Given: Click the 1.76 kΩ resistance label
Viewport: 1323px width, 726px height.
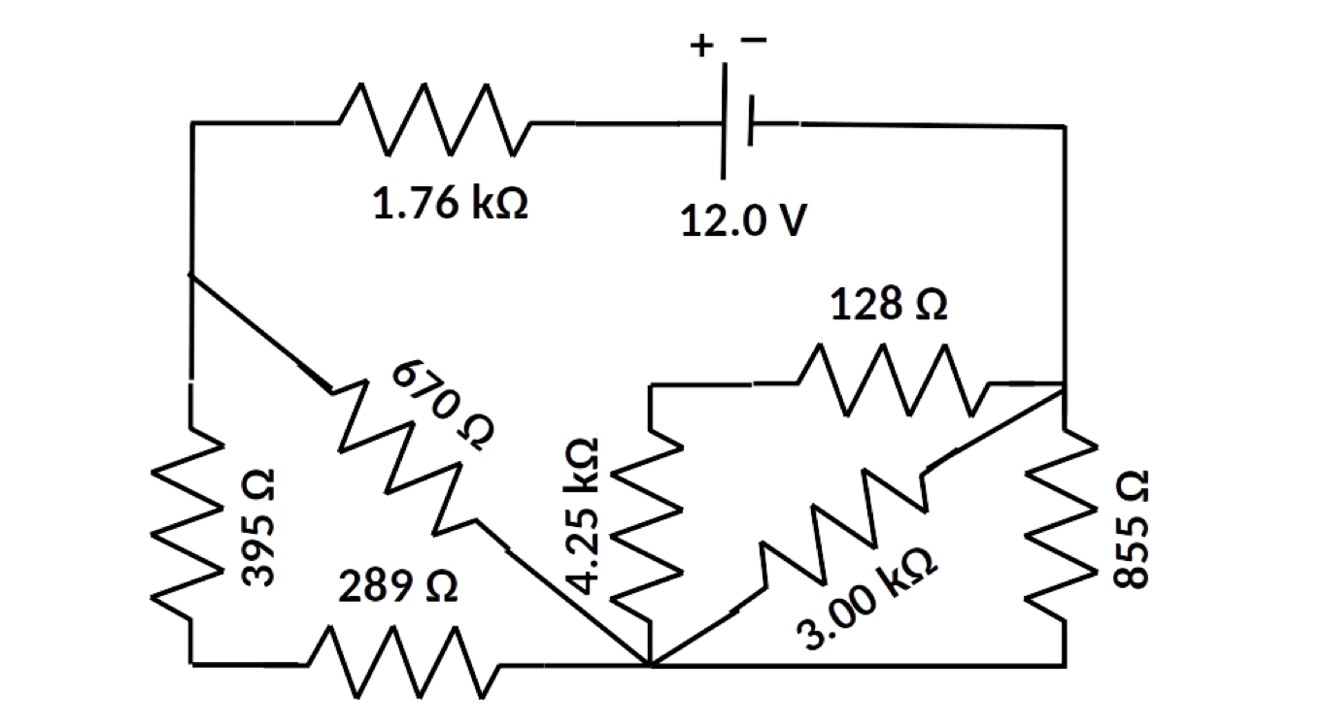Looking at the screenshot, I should coord(450,207).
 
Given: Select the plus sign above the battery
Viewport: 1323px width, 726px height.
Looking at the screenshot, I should coord(701,45).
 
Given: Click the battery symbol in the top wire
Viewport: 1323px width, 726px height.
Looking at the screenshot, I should coord(736,123).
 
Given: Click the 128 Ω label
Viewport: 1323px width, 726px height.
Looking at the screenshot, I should coord(889,306).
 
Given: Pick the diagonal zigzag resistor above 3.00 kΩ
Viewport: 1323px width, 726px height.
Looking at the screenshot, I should coord(840,524).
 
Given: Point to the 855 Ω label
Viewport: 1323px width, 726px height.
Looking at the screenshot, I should coord(1131,528).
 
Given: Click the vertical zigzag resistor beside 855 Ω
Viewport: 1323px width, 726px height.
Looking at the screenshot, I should coord(1066,524).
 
